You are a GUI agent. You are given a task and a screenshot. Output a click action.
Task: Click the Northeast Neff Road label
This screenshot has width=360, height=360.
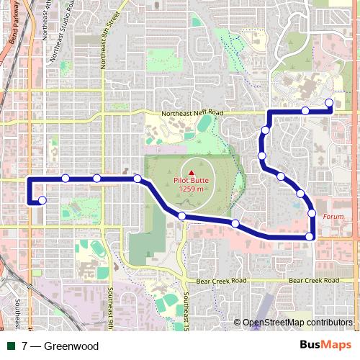[x=192, y=113]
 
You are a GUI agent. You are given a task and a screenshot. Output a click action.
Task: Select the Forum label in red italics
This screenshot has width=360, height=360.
[x=333, y=216]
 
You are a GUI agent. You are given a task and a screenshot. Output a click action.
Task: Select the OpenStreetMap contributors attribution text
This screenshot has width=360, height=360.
[x=297, y=323]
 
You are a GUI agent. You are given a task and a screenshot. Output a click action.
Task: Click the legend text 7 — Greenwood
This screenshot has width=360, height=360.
[x=60, y=346]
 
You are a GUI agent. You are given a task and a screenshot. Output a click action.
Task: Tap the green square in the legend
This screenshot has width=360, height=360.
[x=12, y=346]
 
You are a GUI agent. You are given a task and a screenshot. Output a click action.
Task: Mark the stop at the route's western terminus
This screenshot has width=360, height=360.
[x=42, y=200]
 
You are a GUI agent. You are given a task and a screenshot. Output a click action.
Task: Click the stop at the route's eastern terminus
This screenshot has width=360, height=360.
[x=329, y=102]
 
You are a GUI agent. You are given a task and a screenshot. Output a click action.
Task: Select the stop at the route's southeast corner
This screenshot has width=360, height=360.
[x=310, y=236]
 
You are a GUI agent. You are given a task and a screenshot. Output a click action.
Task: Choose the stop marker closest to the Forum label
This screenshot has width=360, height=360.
[x=312, y=213]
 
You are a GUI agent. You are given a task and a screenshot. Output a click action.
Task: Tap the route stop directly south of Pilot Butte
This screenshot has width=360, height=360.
[x=182, y=216]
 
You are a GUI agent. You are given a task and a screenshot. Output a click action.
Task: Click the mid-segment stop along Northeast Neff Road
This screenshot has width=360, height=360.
[x=305, y=111]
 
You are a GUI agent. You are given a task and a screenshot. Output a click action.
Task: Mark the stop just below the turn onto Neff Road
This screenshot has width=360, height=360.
[x=266, y=130]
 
